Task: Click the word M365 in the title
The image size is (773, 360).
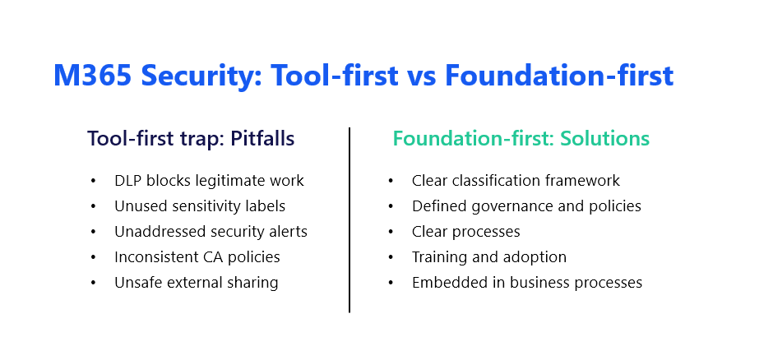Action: (92, 76)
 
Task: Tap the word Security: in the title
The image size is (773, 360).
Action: (201, 76)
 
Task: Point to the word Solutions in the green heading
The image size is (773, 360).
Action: (605, 138)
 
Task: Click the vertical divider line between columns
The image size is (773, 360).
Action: (349, 219)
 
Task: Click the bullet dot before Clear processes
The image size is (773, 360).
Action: (391, 232)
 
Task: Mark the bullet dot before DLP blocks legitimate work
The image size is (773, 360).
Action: (93, 181)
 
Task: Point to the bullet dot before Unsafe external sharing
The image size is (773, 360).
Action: (93, 284)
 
